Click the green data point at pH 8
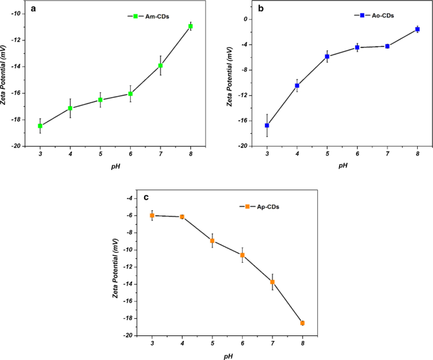pyautogui.click(x=190, y=27)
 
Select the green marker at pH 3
pyautogui.click(x=40, y=126)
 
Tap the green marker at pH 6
pyautogui.click(x=130, y=93)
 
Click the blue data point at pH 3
pyautogui.click(x=267, y=126)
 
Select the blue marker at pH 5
pyautogui.click(x=327, y=56)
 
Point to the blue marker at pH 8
pyautogui.click(x=417, y=29)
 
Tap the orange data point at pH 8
pyautogui.click(x=302, y=323)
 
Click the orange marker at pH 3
pyautogui.click(x=152, y=215)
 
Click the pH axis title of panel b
pyautogui.click(x=342, y=165)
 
